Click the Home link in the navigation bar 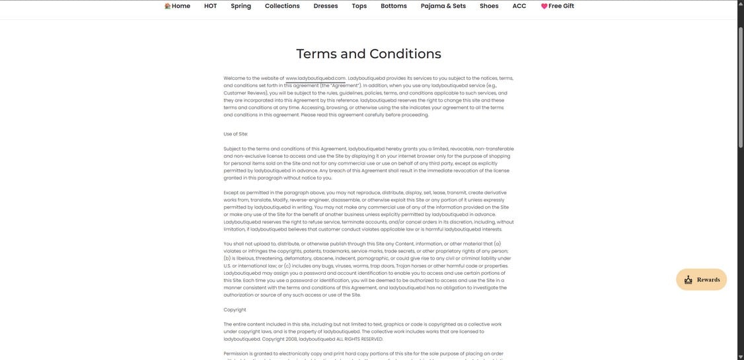click(180, 6)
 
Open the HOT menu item click(210, 6)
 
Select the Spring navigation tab click(241, 6)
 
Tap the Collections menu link click(282, 6)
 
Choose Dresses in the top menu click(326, 6)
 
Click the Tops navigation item click(359, 6)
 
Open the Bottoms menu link click(394, 6)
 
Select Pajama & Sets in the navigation click(443, 6)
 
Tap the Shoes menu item click(489, 6)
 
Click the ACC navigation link click(519, 6)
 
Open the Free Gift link click(561, 6)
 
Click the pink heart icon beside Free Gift click(544, 6)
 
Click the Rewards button click(701, 279)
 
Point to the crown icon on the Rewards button click(688, 279)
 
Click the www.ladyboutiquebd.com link click(315, 78)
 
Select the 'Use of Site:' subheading click(236, 134)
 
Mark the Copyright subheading click(235, 309)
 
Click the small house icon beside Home click(167, 6)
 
